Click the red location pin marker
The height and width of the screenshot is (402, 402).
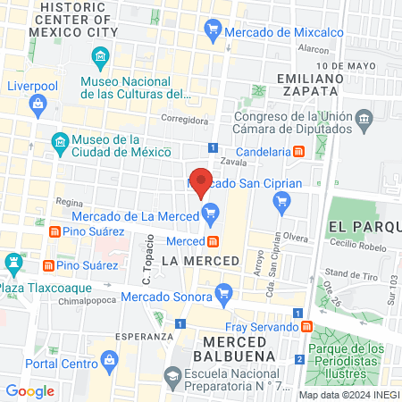(201, 181)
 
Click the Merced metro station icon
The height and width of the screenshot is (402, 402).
(213, 241)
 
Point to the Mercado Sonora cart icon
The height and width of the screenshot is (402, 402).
(224, 290)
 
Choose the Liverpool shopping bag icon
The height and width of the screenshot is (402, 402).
(38, 106)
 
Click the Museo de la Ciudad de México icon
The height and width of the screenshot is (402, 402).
(59, 142)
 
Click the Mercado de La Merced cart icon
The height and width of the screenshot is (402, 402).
(211, 213)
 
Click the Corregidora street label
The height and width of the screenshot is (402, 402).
(184, 118)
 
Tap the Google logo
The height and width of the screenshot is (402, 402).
(30, 390)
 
